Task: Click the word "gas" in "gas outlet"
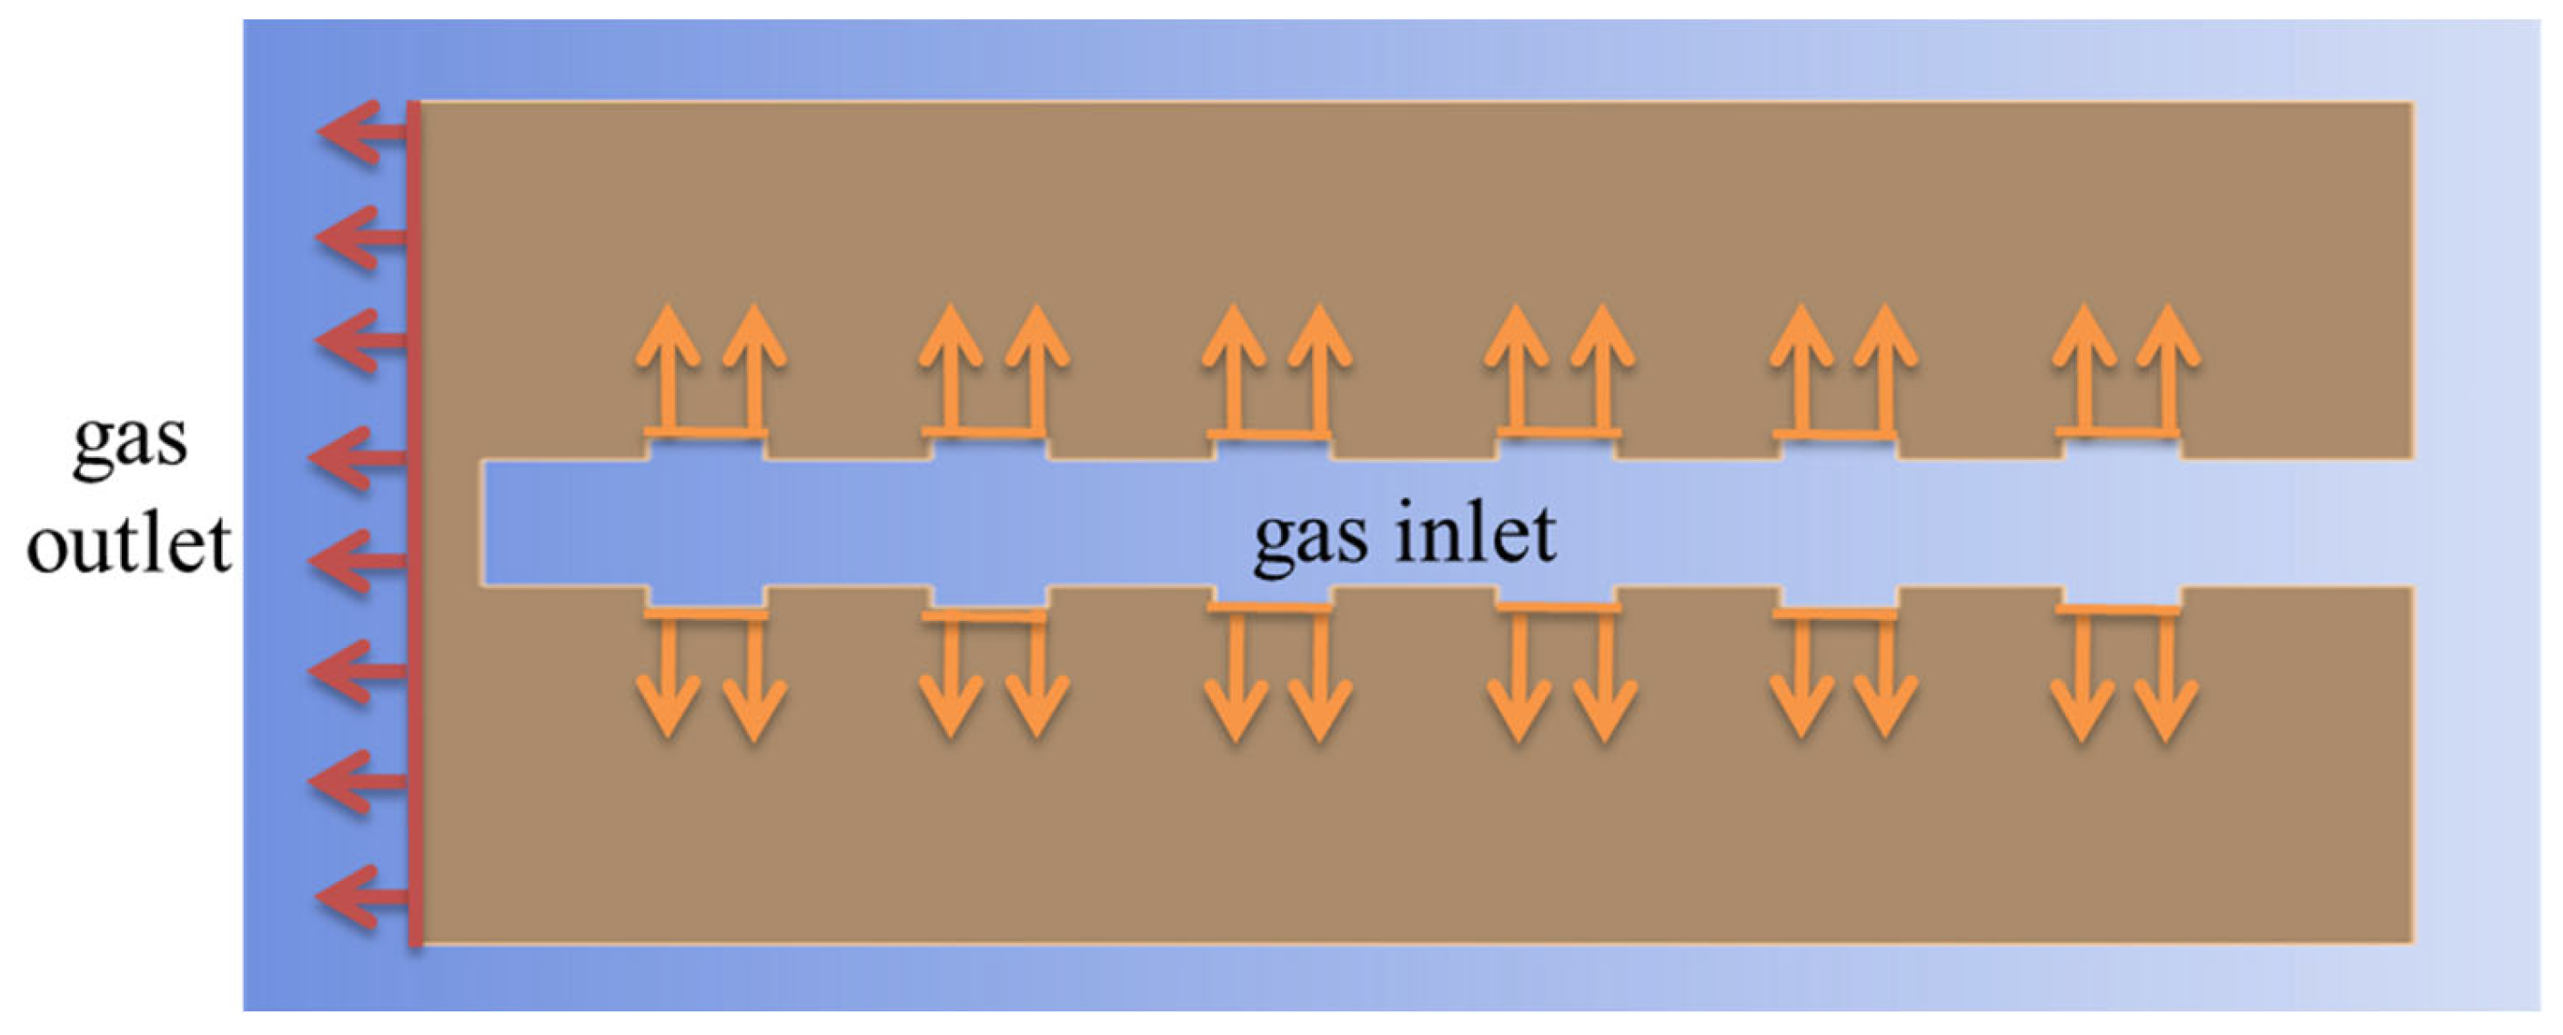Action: click(x=130, y=441)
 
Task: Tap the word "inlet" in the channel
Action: click(x=1476, y=533)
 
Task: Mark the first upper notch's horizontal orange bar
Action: click(x=705, y=433)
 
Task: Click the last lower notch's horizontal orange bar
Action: click(x=2118, y=609)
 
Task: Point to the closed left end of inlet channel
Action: click(x=483, y=523)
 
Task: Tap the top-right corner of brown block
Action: click(x=2412, y=104)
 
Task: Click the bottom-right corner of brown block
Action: click(x=2412, y=939)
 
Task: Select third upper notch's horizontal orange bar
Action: click(x=1269, y=434)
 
